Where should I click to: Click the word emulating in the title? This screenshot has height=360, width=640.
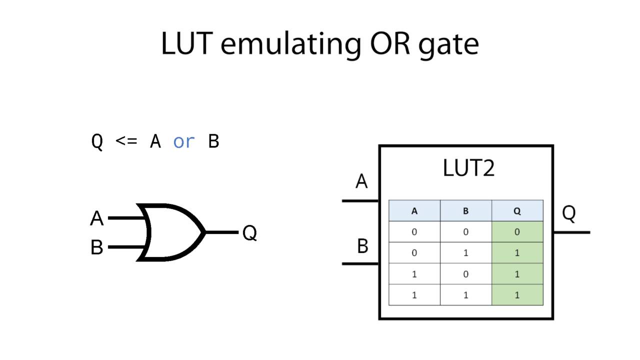click(x=289, y=43)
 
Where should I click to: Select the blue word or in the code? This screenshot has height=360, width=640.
click(x=183, y=141)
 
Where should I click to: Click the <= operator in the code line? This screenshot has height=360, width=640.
click(x=126, y=141)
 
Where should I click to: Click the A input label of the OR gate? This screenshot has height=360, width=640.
click(x=97, y=218)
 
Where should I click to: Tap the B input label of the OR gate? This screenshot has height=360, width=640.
click(x=97, y=247)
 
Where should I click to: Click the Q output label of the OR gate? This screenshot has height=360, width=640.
click(x=249, y=232)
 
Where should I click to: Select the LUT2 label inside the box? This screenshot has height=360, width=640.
click(x=468, y=168)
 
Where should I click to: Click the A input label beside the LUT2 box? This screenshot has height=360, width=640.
click(x=361, y=181)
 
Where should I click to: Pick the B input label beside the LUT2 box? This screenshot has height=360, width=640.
click(x=362, y=246)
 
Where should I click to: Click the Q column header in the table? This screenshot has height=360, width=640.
click(x=517, y=211)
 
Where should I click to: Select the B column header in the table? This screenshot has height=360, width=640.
click(x=465, y=211)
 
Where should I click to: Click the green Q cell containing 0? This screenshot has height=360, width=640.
click(x=517, y=232)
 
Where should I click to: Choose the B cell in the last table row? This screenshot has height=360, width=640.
click(x=465, y=295)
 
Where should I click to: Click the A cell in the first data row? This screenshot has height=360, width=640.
click(x=414, y=232)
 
